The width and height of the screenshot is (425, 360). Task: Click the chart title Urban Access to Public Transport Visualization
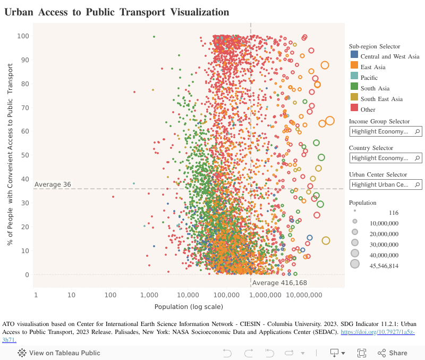[x=117, y=12]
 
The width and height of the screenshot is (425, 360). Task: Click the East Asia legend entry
[x=373, y=67]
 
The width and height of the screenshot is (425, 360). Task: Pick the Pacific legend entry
[x=369, y=78]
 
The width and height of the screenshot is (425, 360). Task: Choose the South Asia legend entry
[x=375, y=88]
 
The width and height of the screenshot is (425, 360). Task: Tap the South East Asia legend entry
[x=381, y=99]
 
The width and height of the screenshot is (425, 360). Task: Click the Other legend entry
[x=368, y=110]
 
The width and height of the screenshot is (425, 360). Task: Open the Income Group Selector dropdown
[x=385, y=131]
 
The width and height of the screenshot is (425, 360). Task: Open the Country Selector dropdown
[x=385, y=158]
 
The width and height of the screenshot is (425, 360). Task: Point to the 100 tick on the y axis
[x=22, y=36]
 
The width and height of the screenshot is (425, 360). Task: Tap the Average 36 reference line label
[x=53, y=185]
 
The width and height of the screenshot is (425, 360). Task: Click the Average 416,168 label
[x=279, y=283]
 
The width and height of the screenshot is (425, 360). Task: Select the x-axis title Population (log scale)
[x=189, y=307]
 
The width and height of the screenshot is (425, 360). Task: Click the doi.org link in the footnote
[x=377, y=332]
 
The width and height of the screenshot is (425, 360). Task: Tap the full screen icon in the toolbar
[x=362, y=353]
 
